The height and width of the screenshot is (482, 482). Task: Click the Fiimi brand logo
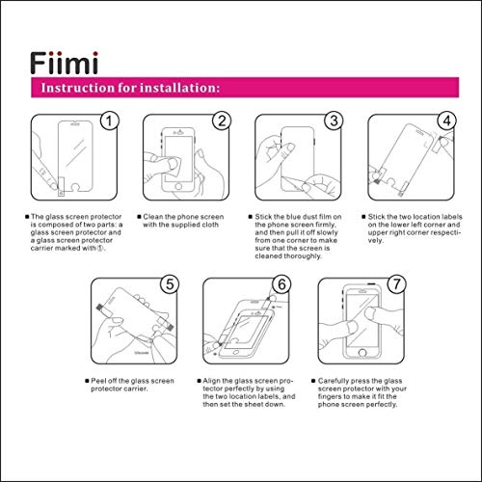[65, 64]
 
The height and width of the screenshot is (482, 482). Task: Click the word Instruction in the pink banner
[78, 88]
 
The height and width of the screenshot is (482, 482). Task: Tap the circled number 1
[109, 121]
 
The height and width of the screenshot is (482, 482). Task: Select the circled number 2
[222, 121]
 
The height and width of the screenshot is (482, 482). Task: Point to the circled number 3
[334, 121]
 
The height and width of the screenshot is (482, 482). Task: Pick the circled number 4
[446, 121]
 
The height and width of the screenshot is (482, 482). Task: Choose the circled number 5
[170, 284]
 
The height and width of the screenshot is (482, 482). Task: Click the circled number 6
[281, 284]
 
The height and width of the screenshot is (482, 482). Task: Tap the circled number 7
[396, 284]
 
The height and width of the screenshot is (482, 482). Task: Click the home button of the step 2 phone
[178, 187]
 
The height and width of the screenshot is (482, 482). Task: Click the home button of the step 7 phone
[362, 353]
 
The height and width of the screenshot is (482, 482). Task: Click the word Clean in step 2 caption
[153, 217]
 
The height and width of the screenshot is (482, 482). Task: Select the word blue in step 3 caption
[293, 217]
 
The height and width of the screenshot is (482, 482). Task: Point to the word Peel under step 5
[98, 381]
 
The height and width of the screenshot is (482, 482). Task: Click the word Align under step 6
[212, 381]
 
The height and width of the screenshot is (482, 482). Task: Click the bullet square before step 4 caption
[363, 217]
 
